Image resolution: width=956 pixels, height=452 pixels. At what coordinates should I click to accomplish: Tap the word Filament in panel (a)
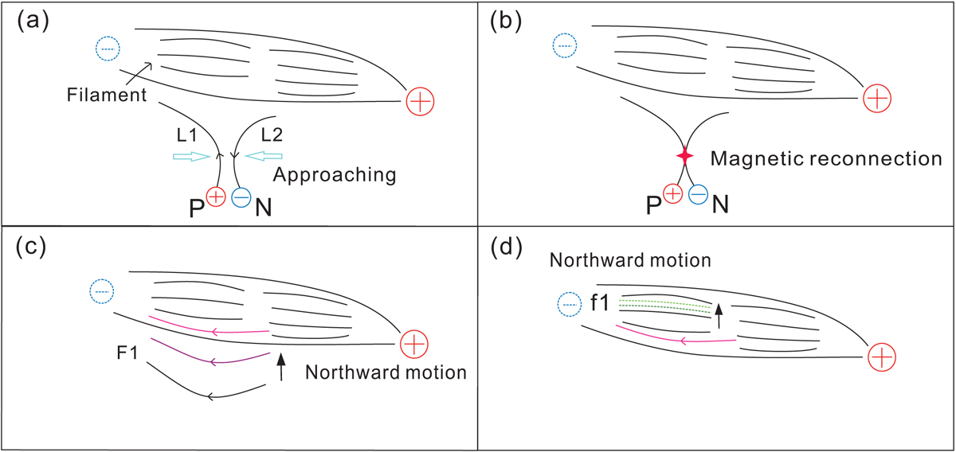click(104, 96)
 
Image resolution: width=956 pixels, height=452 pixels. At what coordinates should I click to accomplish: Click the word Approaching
click(334, 174)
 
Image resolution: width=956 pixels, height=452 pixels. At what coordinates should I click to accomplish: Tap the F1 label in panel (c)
click(128, 351)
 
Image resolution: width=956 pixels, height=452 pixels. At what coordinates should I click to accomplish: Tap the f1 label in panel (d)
click(599, 302)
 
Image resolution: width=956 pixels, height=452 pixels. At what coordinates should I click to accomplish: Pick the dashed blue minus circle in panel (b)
click(565, 48)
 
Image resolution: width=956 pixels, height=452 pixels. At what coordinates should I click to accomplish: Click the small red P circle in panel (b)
click(672, 193)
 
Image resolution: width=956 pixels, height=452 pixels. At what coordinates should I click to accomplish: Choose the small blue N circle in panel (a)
click(241, 198)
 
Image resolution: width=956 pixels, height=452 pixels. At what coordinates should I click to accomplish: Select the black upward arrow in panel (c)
click(280, 368)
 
